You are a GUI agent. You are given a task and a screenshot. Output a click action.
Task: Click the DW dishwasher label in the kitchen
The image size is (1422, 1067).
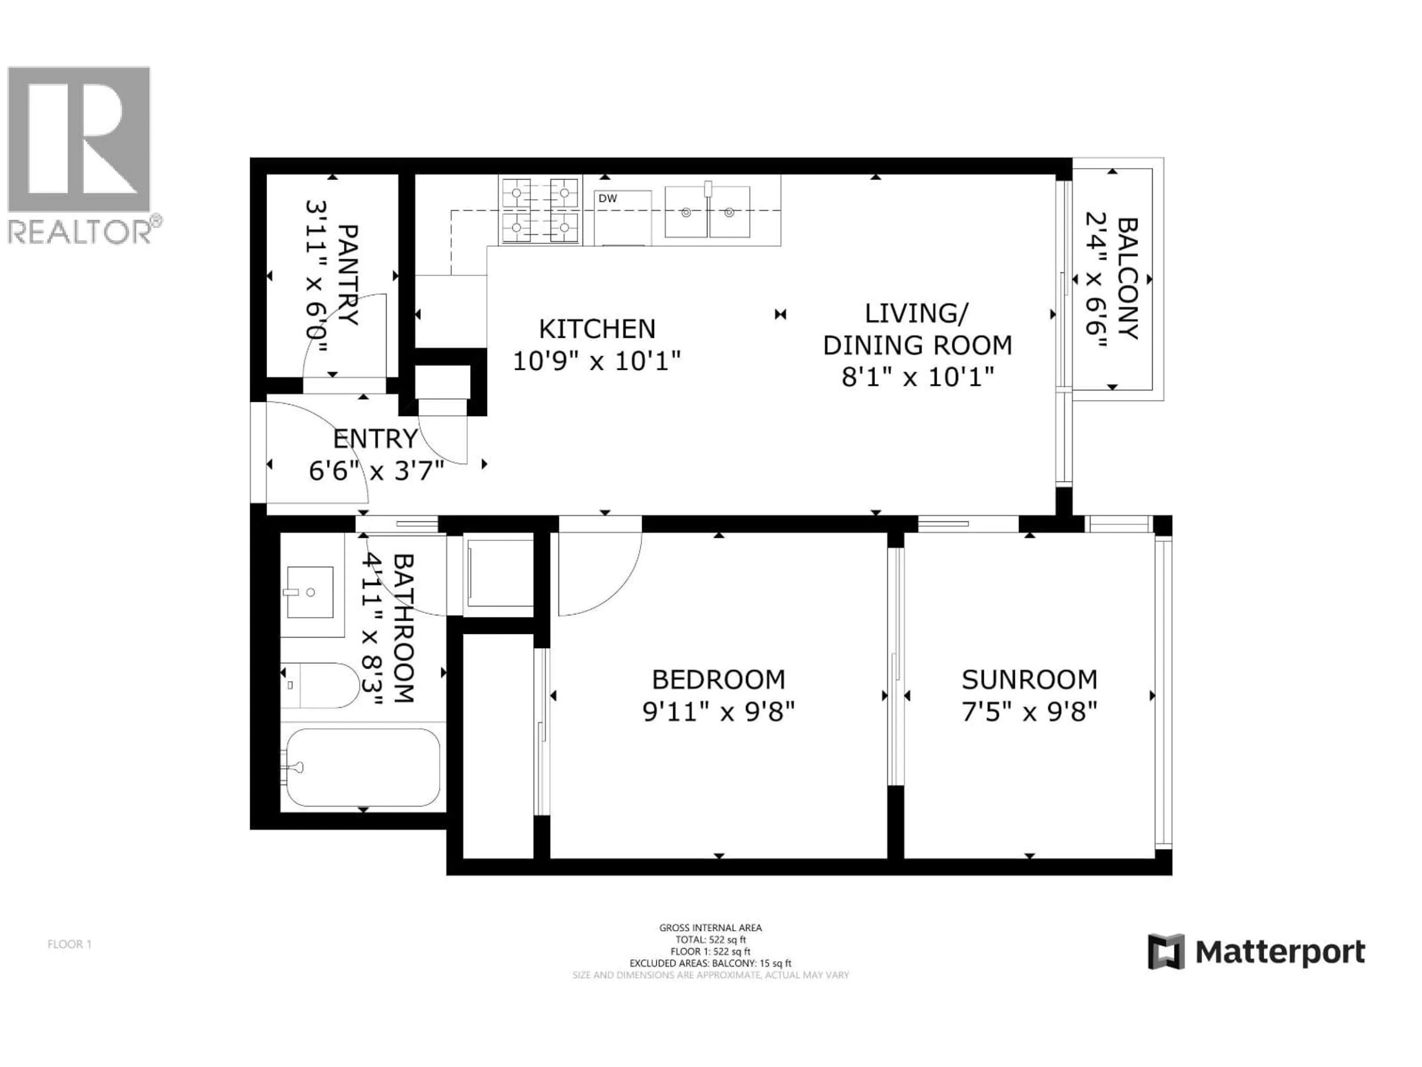point(608,199)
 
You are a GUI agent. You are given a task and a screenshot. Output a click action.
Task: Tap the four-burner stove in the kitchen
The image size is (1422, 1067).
point(540,210)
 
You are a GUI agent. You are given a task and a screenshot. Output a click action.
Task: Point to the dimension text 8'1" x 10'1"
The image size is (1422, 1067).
point(918,377)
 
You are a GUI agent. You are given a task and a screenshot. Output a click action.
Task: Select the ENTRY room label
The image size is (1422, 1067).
point(375,439)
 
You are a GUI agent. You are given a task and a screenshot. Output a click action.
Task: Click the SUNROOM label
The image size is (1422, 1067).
point(1029,680)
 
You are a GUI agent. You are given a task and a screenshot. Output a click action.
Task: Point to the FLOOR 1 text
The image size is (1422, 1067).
point(69,944)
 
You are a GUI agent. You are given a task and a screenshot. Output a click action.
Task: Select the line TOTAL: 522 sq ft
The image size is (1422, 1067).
point(710,940)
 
